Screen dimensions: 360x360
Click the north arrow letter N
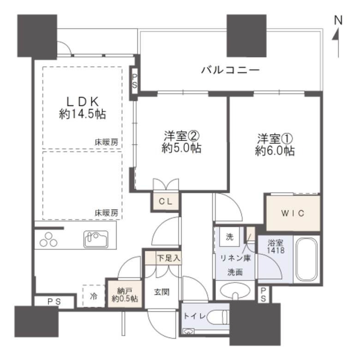coord(338,21)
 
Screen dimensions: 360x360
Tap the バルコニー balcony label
coord(229,71)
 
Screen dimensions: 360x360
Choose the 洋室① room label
coord(276,138)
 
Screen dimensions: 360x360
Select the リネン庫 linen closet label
coord(235,258)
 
